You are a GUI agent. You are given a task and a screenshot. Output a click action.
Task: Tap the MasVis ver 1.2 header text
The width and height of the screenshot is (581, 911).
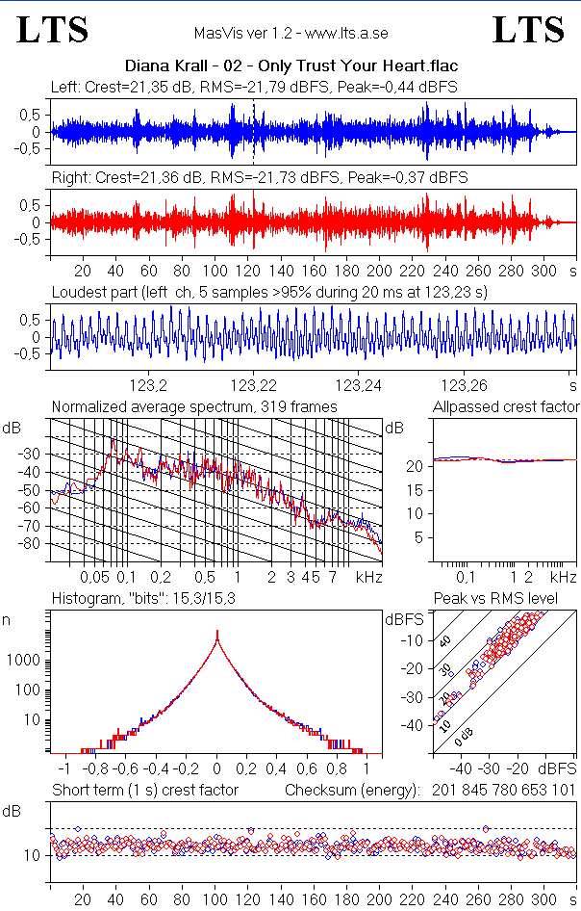[x=290, y=34]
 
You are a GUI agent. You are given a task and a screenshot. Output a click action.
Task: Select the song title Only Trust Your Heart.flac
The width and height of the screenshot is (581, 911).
[x=290, y=66]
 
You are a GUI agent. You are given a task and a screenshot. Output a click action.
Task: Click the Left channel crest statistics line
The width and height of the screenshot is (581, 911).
[x=254, y=88]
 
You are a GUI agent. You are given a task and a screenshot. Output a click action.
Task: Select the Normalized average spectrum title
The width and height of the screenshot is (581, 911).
[x=194, y=407]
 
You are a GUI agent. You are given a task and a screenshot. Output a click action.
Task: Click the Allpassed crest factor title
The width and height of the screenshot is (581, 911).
[x=506, y=407]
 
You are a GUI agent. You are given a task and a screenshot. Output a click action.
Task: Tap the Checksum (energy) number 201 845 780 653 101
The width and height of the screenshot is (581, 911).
[x=502, y=791]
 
